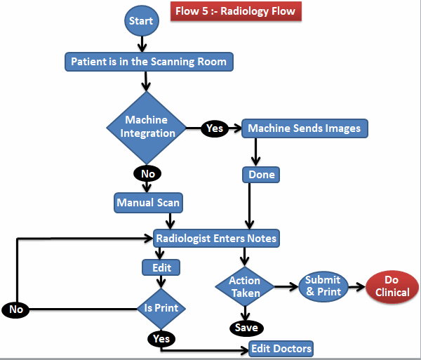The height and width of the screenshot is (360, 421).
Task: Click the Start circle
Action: [142, 21]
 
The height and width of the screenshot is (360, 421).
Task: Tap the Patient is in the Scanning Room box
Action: [149, 62]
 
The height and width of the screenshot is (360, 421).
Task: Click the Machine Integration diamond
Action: [146, 127]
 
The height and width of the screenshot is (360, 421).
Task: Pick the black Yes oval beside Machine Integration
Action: [214, 128]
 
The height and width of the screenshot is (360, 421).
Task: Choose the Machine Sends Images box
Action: [305, 128]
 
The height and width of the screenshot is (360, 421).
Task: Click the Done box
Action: [262, 174]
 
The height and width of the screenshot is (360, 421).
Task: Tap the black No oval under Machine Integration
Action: [147, 173]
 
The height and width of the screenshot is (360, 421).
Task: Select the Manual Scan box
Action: [148, 204]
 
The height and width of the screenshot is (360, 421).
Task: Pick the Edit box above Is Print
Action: [161, 267]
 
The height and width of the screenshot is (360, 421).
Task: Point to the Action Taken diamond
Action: [244, 286]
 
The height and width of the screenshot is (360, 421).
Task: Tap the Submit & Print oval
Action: [323, 286]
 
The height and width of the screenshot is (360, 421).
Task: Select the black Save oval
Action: [246, 328]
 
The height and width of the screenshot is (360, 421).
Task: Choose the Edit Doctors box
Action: [281, 349]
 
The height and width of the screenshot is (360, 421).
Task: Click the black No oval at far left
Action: [15, 309]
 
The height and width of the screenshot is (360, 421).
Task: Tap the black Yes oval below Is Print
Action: [161, 339]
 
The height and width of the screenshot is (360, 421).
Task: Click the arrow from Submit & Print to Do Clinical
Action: [356, 286]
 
